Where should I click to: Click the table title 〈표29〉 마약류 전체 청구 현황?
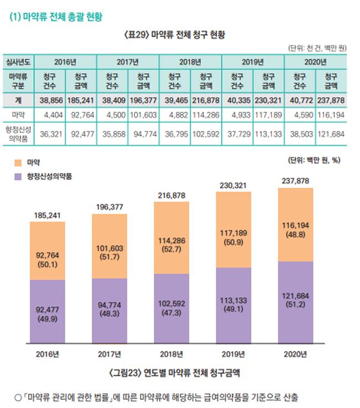pyautogui.click(x=181, y=34)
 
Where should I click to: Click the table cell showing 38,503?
pyautogui.click(x=300, y=134)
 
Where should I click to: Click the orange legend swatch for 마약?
pyautogui.click(x=18, y=163)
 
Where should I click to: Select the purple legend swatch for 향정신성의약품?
pyautogui.click(x=18, y=176)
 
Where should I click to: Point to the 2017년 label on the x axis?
pyautogui.click(x=109, y=354)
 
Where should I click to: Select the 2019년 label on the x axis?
pyautogui.click(x=233, y=354)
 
